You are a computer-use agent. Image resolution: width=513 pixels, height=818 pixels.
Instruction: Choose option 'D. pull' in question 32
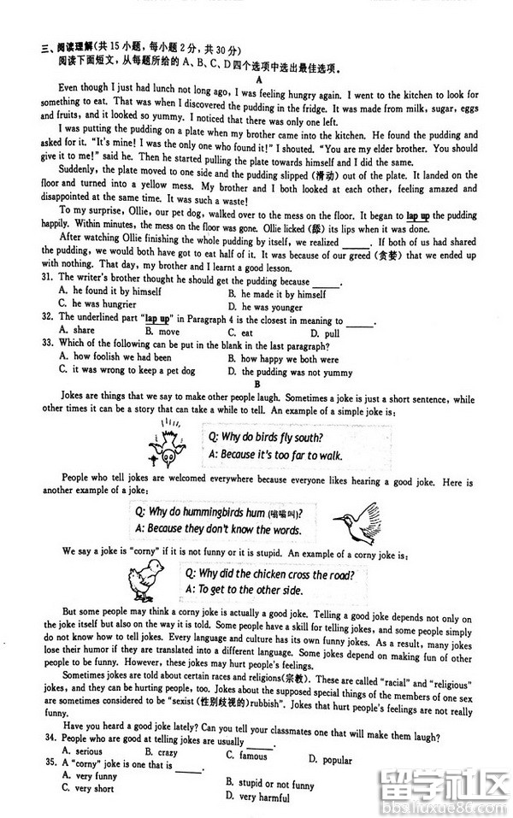[325, 332]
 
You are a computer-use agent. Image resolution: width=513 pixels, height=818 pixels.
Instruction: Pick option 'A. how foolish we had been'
[115, 357]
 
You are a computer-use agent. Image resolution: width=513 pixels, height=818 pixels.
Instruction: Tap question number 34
[48, 738]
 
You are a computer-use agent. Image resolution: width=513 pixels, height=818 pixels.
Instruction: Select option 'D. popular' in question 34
[330, 759]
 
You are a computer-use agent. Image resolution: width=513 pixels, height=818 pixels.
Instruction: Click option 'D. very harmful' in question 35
[257, 797]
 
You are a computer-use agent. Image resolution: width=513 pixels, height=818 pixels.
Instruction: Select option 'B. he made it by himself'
[277, 293]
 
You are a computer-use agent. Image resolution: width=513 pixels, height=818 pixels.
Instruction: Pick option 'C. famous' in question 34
[247, 755]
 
